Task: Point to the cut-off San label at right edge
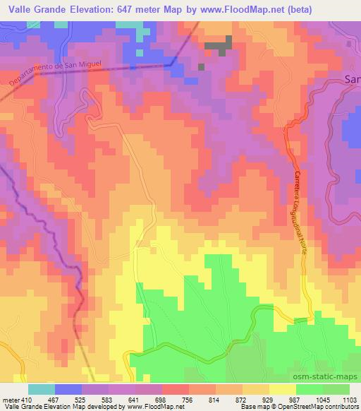(x=352, y=80)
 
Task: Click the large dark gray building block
(x=219, y=45)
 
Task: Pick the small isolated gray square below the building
(x=201, y=67)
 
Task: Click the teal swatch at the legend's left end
(x=42, y=389)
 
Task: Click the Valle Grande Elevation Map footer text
(x=42, y=407)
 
